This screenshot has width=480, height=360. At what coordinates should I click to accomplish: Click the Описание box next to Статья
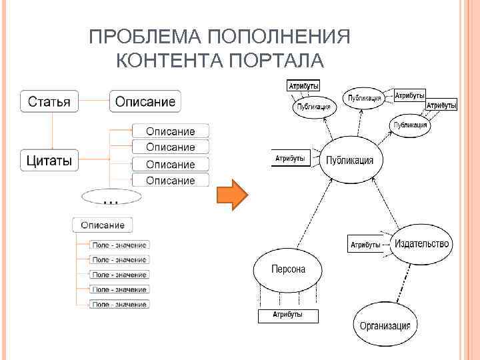tap(145, 102)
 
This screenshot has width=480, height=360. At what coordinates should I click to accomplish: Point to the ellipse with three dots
tap(111, 197)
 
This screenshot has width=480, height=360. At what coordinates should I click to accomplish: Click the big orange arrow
tap(232, 195)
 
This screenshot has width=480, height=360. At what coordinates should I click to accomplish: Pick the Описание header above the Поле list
tap(103, 225)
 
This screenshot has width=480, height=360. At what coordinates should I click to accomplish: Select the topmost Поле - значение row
tap(119, 245)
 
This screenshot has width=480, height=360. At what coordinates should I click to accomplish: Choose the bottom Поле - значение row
tap(119, 305)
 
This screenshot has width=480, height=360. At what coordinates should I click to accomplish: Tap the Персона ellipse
tap(288, 270)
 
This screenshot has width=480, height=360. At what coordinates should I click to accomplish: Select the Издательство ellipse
tap(421, 244)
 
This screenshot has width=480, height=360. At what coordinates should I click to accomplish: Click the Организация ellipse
tap(385, 325)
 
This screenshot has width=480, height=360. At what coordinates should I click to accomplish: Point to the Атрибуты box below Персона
tap(288, 315)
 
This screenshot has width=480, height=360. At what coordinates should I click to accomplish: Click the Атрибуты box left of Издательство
tap(365, 245)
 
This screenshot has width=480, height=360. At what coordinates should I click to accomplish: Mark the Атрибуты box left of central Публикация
tap(291, 159)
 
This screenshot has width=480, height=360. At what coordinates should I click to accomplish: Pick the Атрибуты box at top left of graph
tap(303, 85)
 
